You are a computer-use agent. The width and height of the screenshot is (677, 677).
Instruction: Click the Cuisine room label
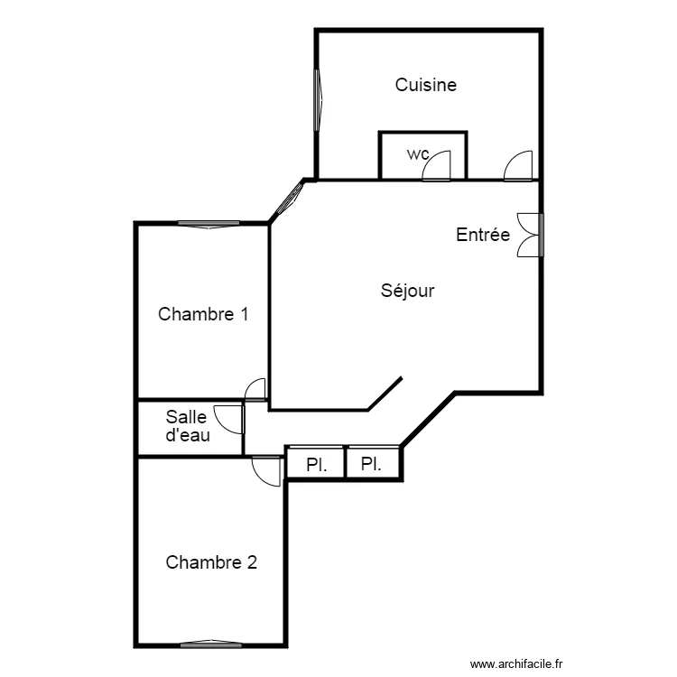coord(426,85)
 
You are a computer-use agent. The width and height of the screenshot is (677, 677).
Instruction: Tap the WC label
coord(418,154)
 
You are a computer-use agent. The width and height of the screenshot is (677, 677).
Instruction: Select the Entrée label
coord(483,235)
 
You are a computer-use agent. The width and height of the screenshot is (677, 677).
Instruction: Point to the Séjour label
coord(408,291)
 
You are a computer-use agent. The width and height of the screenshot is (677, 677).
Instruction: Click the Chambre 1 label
coord(203,314)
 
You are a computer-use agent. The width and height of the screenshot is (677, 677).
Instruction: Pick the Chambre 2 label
coord(211,562)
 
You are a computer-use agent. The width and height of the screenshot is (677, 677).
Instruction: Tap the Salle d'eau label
coord(188,426)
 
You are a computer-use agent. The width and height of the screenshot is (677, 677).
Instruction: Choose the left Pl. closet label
coord(317,465)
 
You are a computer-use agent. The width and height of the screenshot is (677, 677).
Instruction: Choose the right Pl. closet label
coord(371,464)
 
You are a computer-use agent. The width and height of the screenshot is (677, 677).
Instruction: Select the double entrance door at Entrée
coord(530,235)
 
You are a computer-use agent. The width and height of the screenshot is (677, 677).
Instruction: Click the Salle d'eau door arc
coord(220,425)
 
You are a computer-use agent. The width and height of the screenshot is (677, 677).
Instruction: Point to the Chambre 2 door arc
coord(260,478)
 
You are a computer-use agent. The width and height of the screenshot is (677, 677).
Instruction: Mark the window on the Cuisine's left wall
coord(319,100)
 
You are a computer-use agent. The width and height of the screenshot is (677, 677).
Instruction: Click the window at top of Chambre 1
coord(209,224)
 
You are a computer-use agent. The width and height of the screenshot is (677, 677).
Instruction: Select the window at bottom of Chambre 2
coord(211,644)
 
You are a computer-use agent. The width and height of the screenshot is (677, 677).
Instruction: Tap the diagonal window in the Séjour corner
coord(289,199)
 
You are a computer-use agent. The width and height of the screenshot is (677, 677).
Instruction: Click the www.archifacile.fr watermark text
coord(516,664)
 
